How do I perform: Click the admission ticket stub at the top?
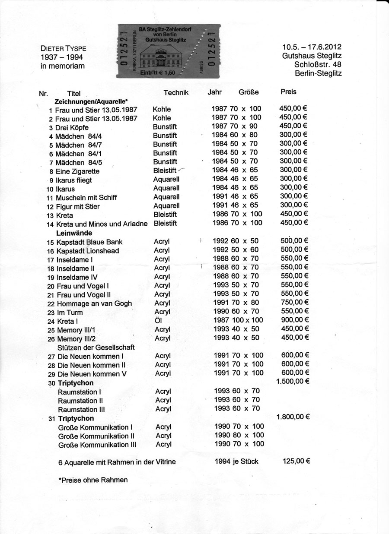click(168, 51)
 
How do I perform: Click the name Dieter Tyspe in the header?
click(63, 48)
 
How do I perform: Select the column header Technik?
click(176, 92)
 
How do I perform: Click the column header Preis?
click(288, 92)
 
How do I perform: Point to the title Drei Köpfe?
click(73, 127)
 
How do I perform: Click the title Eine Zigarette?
click(78, 171)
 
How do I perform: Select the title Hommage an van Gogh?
click(94, 303)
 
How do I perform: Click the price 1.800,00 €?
click(292, 417)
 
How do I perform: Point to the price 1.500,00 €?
click(292, 382)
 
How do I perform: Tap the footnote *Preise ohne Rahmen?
click(93, 480)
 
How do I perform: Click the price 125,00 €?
click(296, 461)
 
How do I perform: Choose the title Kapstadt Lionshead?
click(88, 251)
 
